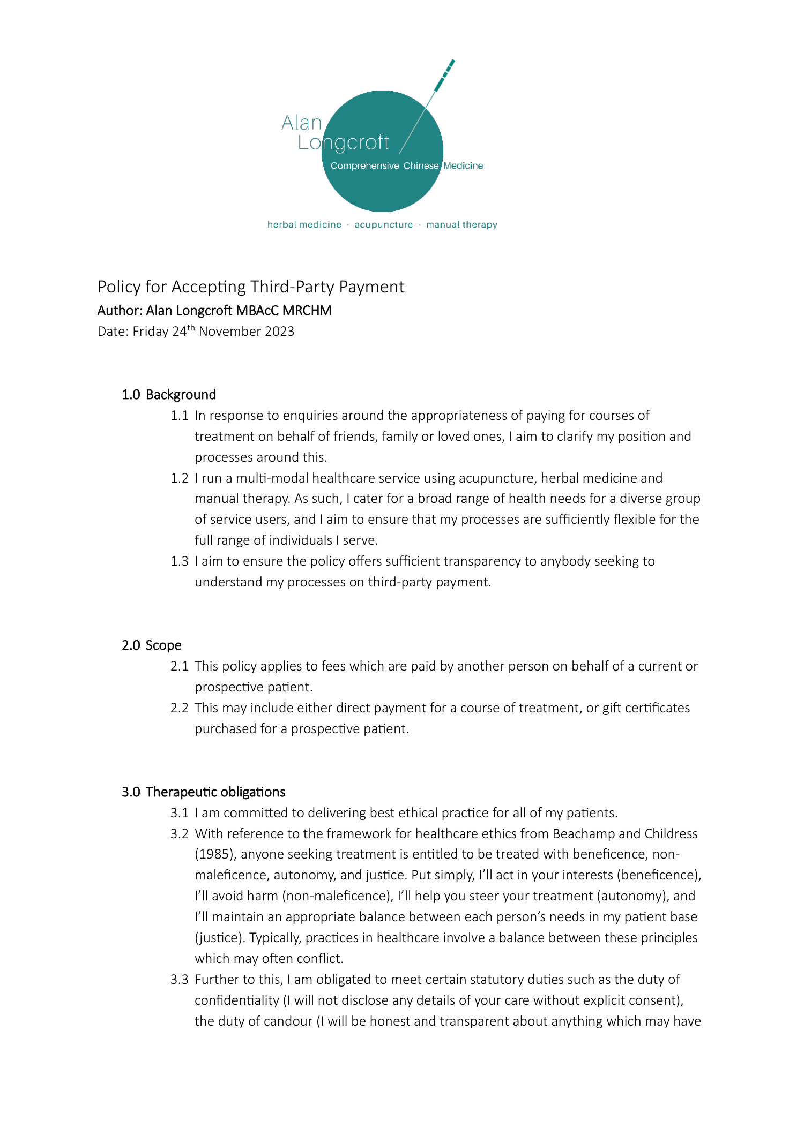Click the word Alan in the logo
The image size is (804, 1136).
(301, 123)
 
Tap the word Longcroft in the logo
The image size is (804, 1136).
(343, 142)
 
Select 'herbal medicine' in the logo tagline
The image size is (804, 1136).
(304, 225)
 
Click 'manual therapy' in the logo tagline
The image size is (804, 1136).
(461, 225)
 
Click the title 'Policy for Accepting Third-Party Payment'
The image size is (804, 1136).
(251, 287)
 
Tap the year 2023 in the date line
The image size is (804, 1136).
(279, 332)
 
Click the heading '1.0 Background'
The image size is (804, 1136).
(169, 395)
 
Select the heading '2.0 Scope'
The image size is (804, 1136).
(152, 645)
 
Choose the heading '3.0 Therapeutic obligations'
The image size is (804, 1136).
(204, 792)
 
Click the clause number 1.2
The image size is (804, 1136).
(180, 478)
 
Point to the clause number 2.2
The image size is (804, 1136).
(180, 708)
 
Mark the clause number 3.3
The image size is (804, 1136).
(180, 980)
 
